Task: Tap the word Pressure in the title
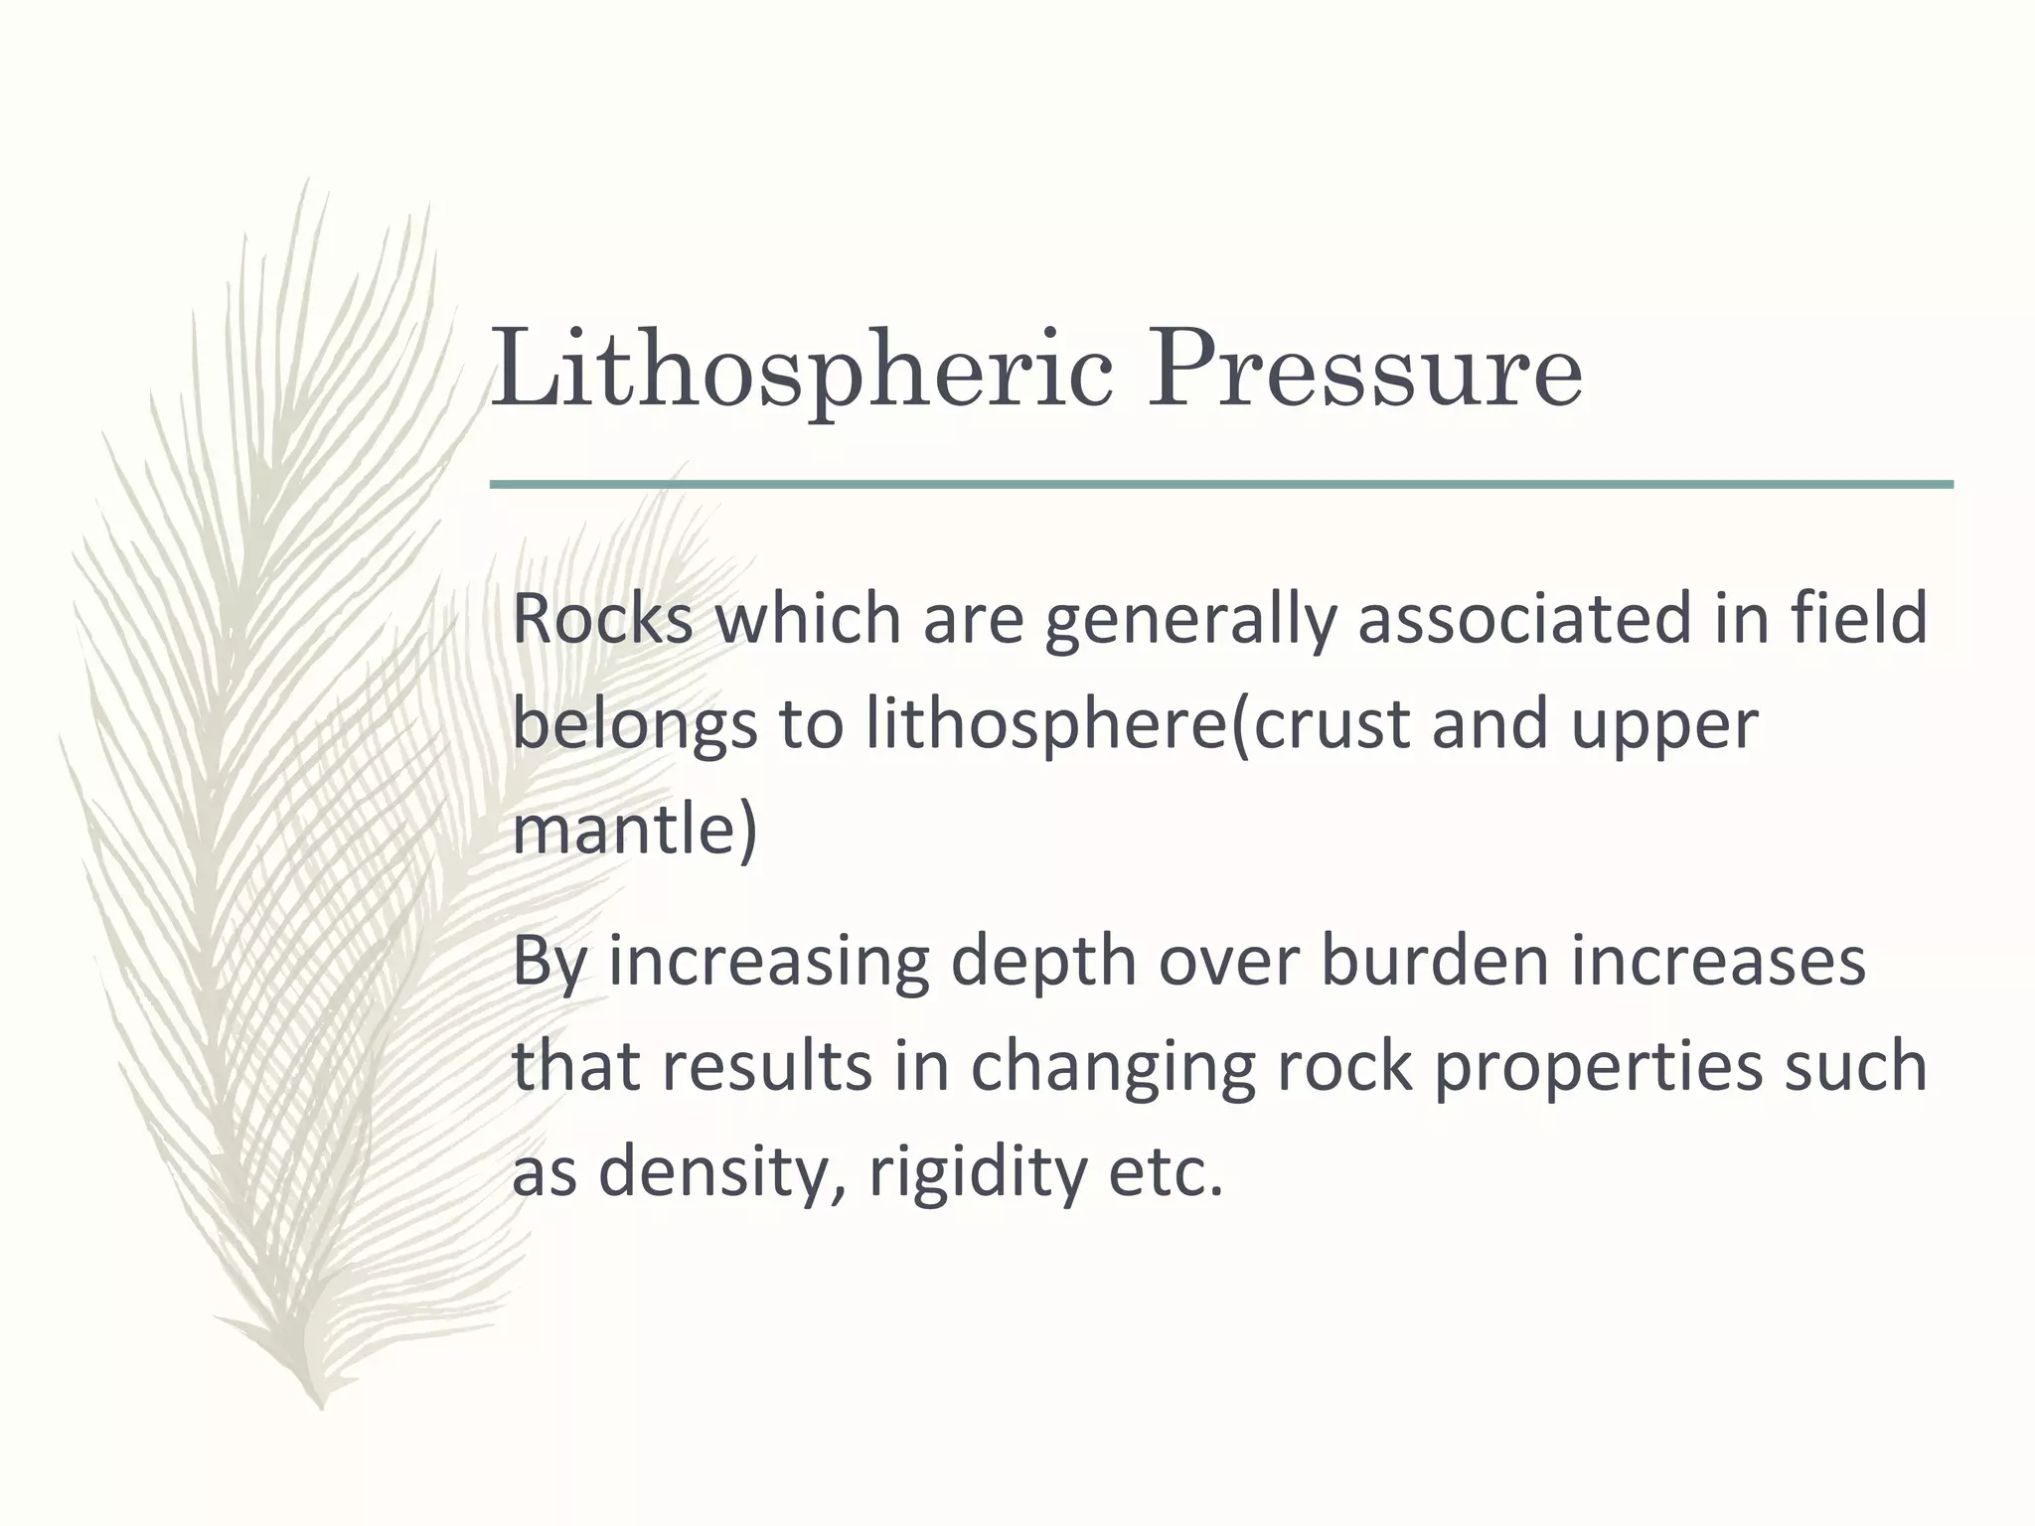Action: [x=1364, y=370]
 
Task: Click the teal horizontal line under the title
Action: [x=1221, y=485]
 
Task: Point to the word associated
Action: [x=1523, y=618]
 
